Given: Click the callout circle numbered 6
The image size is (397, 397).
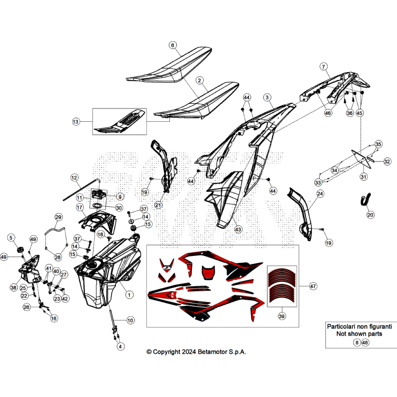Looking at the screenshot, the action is pyautogui.click(x=173, y=45).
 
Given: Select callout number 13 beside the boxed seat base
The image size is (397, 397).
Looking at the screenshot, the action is pyautogui.click(x=76, y=122).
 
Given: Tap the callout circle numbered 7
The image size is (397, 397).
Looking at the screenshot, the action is pyautogui.click(x=324, y=67).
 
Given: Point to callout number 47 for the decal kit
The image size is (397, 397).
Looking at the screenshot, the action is pyautogui.click(x=313, y=286).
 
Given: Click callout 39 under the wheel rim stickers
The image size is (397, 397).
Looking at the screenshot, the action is pyautogui.click(x=282, y=316).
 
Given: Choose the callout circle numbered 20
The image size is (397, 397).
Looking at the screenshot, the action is pyautogui.click(x=370, y=215).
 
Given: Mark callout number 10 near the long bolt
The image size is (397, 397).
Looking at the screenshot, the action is pyautogui.click(x=130, y=321).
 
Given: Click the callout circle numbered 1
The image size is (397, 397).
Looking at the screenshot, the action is pyautogui.click(x=129, y=295).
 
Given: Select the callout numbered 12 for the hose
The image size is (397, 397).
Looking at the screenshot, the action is pyautogui.click(x=74, y=178).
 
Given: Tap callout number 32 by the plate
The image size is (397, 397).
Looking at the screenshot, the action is pyautogui.click(x=387, y=161).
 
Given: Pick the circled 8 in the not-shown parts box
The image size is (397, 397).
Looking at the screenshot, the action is pyautogui.click(x=357, y=342).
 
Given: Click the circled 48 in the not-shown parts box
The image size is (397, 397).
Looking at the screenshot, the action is pyautogui.click(x=365, y=342).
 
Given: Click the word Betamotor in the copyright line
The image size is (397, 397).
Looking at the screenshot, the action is pyautogui.click(x=213, y=352).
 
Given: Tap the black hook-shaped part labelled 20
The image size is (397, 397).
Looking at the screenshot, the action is pyautogui.click(x=365, y=199).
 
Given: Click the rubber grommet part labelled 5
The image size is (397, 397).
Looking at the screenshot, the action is pyautogui.click(x=19, y=250).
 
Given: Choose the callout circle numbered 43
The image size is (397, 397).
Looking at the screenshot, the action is pyautogui.click(x=238, y=229).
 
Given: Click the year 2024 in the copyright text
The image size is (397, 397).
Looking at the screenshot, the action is pyautogui.click(x=189, y=352).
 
